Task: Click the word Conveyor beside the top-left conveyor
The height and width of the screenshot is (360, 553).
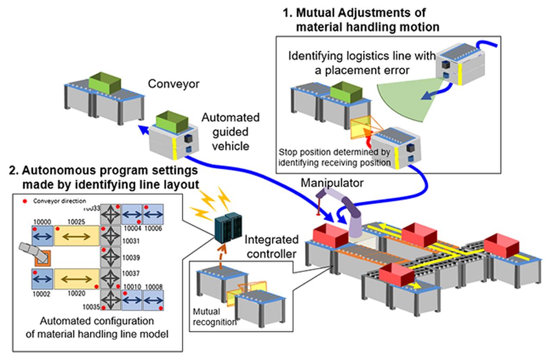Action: [174, 84]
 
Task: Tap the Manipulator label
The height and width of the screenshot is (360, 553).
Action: [332, 183]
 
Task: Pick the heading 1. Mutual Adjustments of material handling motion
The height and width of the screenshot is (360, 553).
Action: [361, 20]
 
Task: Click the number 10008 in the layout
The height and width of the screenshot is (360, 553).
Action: [154, 287]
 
